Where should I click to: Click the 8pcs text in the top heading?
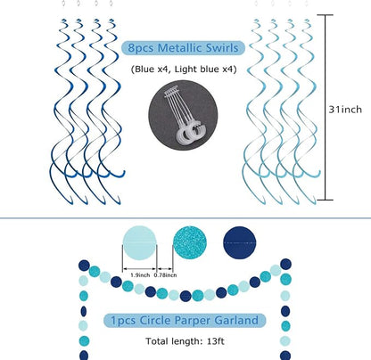[x=141, y=48]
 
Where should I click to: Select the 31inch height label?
[x=345, y=110]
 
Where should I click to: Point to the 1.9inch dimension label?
[x=140, y=275]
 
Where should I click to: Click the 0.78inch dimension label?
[x=165, y=275]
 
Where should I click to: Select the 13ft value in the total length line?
[x=216, y=341]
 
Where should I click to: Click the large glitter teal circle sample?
[x=190, y=242]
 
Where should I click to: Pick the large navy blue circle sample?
[x=240, y=242]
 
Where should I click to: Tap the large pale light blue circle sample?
[x=139, y=242]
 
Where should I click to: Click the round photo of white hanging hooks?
[x=183, y=115]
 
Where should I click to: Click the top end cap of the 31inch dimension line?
[x=325, y=15]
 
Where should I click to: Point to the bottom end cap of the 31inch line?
[x=325, y=200]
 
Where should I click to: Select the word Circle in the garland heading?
[x=155, y=320]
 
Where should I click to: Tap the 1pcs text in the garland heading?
[x=123, y=321]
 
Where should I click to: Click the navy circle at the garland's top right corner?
[x=285, y=264]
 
